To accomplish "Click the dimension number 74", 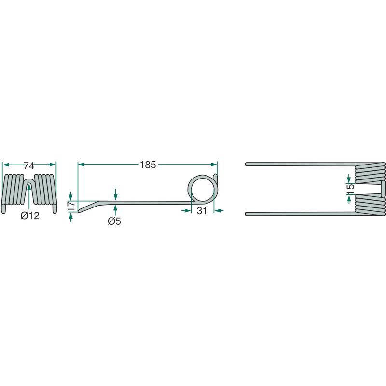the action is click(29, 166).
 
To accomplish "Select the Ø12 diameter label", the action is click(30, 216).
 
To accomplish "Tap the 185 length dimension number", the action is click(148, 165).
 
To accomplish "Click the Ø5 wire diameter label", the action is click(114, 221).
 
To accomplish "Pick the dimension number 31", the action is click(202, 211).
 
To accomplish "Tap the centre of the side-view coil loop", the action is click(202, 189).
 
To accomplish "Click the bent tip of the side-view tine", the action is click(79, 211).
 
